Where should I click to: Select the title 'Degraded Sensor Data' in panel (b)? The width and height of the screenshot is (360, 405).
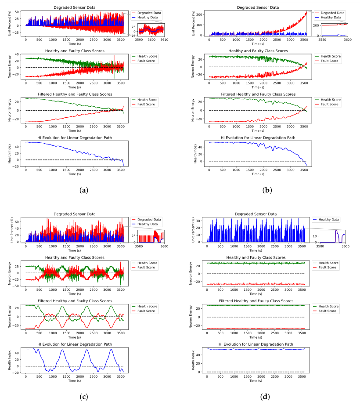coord(257,7)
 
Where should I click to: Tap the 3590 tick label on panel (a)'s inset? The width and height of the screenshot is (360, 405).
coord(139,39)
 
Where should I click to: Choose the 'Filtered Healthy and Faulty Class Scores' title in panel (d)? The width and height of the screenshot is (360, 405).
coord(256,301)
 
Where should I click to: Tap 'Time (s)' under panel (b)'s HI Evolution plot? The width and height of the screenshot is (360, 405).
coord(257,174)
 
